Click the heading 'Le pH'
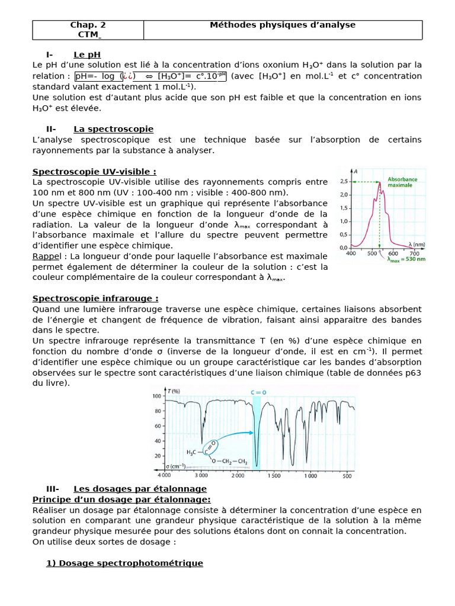86,55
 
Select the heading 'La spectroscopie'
113,129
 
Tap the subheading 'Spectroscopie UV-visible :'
94,172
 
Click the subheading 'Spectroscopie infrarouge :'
95,299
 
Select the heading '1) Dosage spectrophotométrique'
124,563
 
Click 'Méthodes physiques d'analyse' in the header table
283,25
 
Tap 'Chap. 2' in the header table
88,25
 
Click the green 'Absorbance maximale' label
402,182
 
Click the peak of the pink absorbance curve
379,182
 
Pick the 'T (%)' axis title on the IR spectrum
174,391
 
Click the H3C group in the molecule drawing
192,452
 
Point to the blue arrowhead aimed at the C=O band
249,434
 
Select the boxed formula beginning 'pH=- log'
150,76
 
